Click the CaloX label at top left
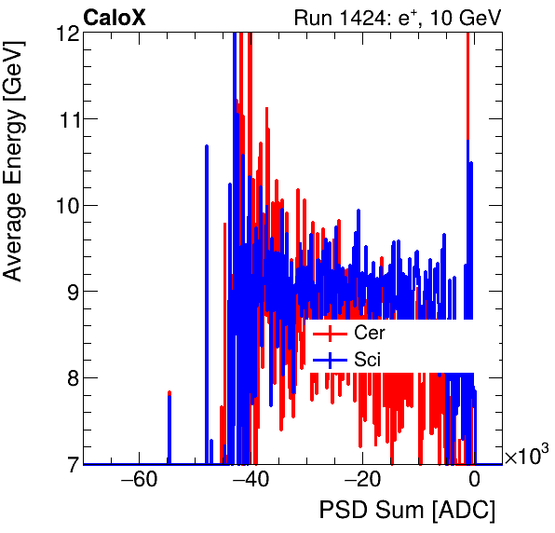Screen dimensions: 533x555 pyautogui.click(x=115, y=17)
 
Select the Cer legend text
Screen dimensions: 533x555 pyautogui.click(x=369, y=333)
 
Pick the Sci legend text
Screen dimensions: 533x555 pyautogui.click(x=367, y=359)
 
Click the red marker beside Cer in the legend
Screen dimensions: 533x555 pyautogui.click(x=330, y=333)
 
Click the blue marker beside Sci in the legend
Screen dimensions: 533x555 pyautogui.click(x=330, y=359)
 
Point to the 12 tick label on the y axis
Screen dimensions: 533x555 pyautogui.click(x=66, y=34)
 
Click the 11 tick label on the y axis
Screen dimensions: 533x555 pyautogui.click(x=66, y=119)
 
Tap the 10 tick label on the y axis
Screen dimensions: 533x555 pyautogui.click(x=66, y=205)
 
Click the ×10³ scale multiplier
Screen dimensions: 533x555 pyautogui.click(x=526, y=457)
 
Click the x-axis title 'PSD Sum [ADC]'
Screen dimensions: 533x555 pyautogui.click(x=407, y=512)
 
